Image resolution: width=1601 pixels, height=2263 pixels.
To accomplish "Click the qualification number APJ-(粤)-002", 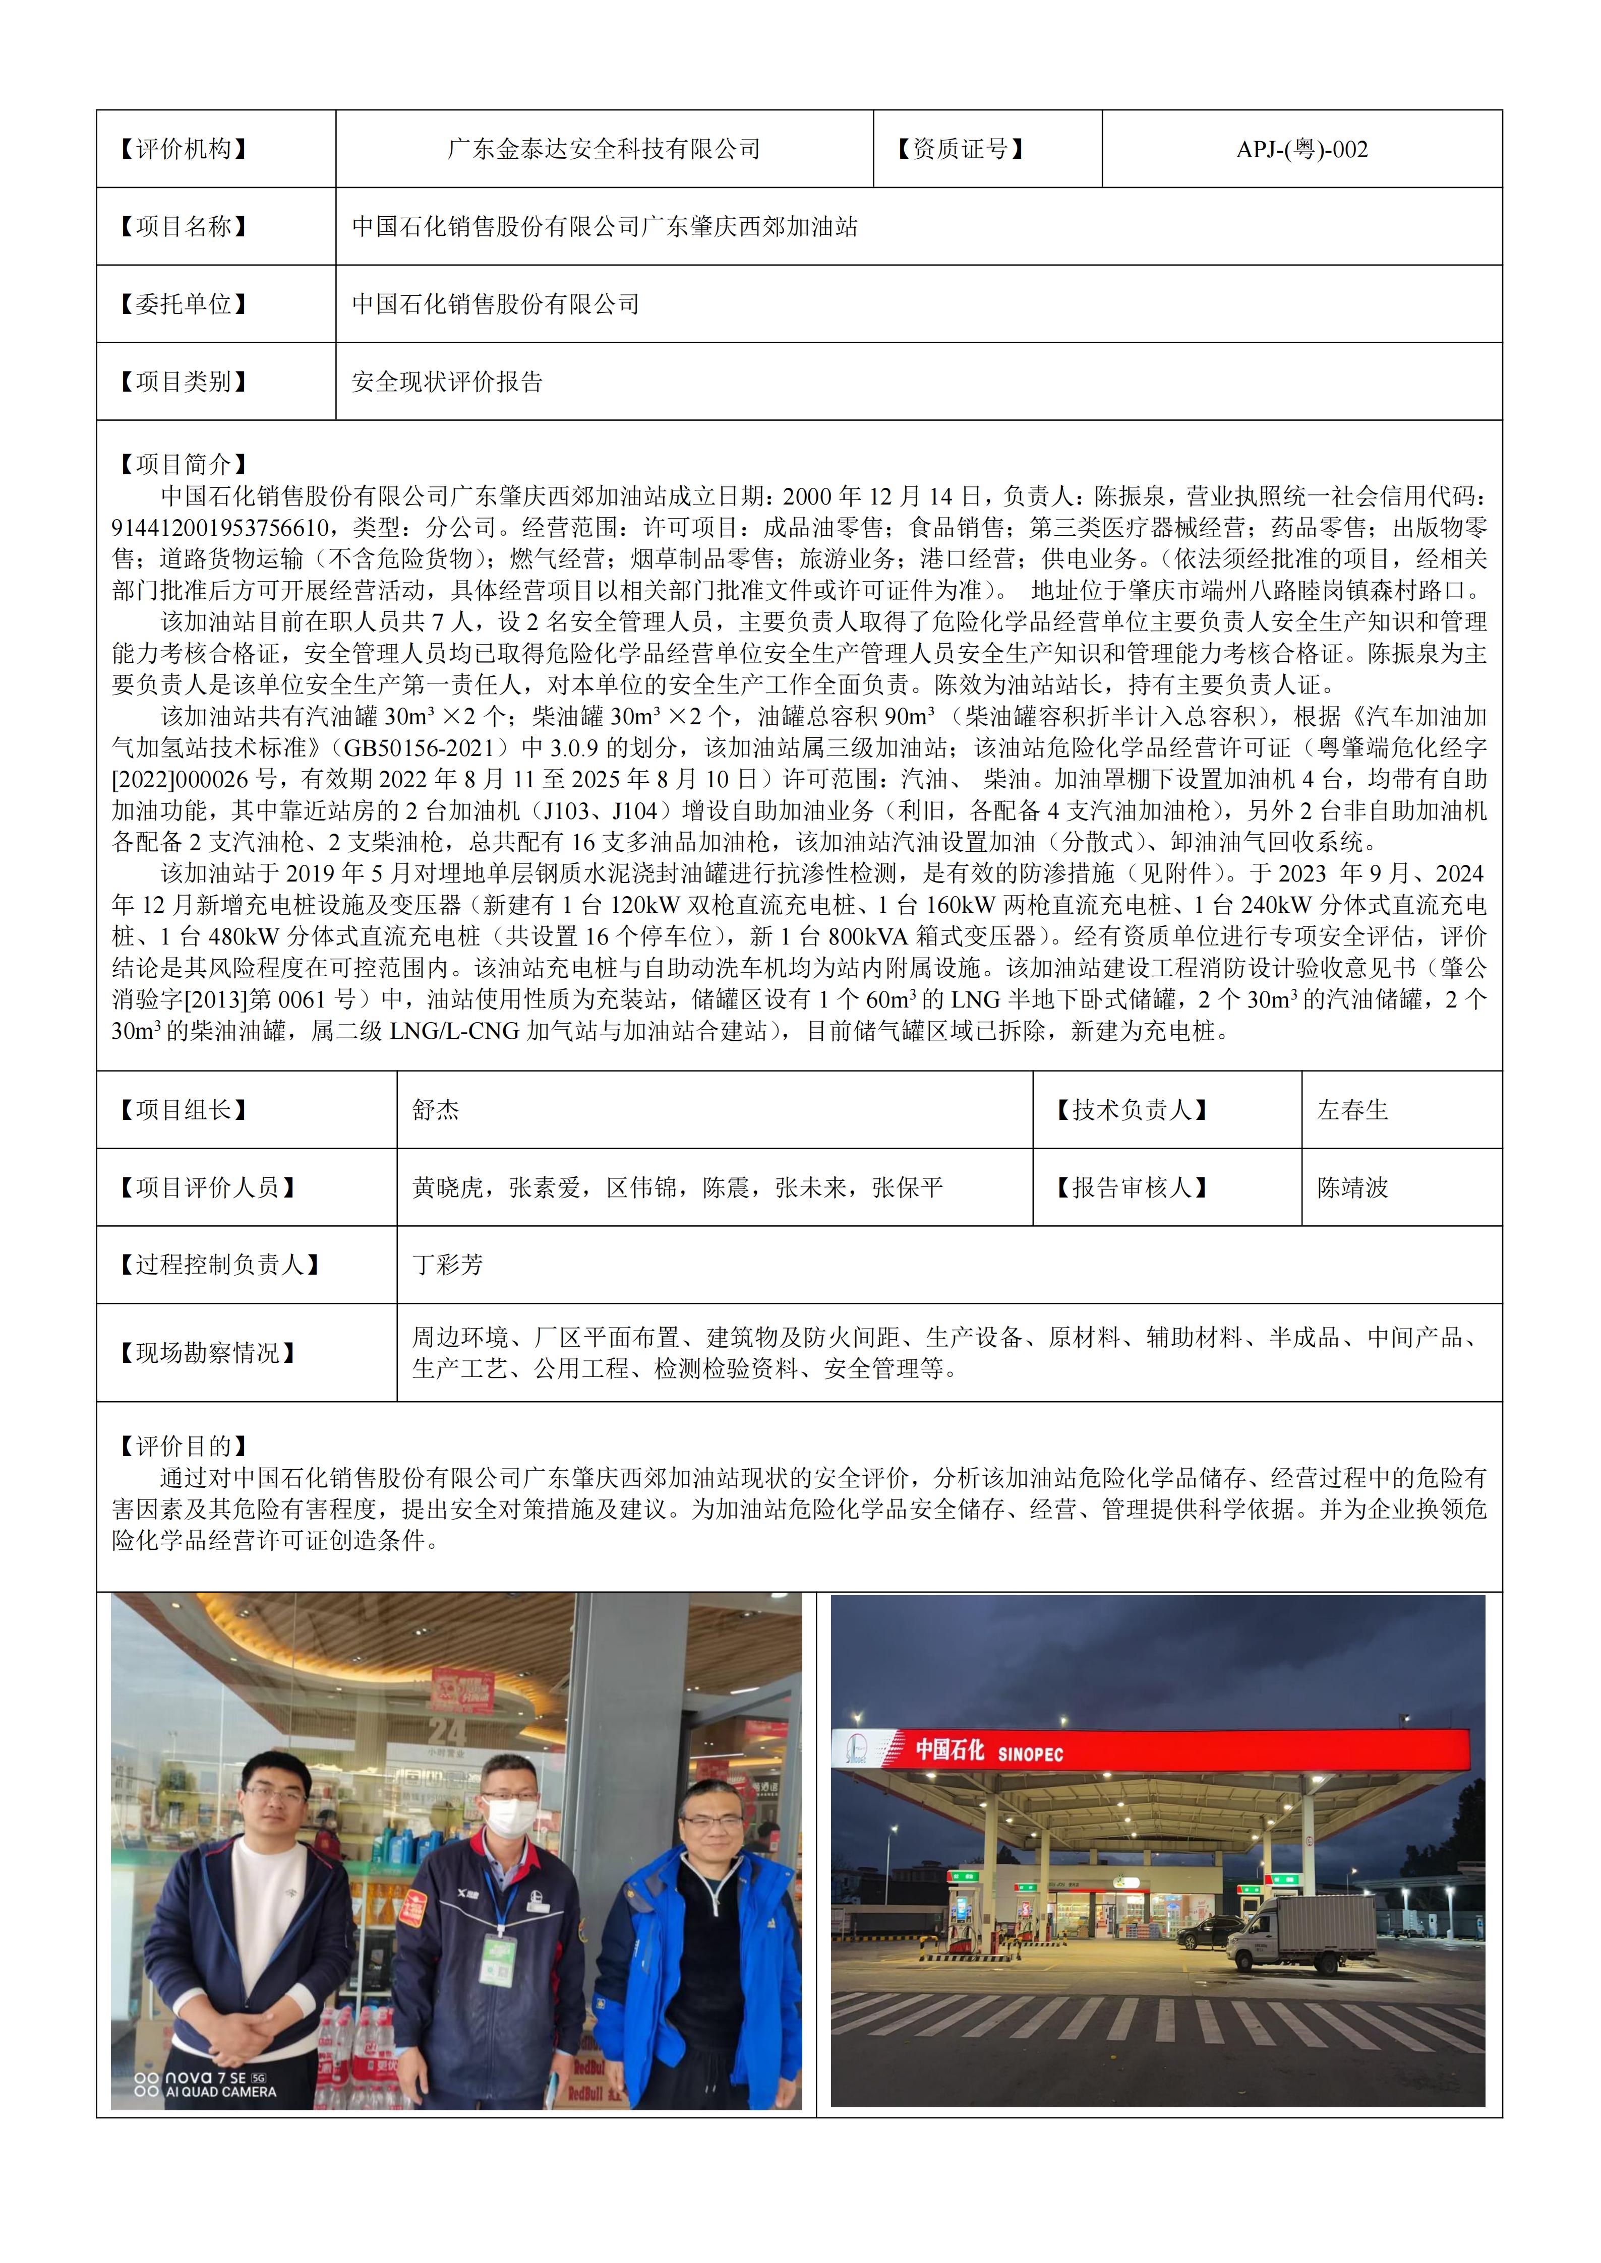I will tap(1301, 150).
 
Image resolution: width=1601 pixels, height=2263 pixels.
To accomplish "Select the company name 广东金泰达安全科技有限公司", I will tap(603, 150).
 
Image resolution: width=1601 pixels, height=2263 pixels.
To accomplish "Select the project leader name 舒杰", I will tap(436, 1110).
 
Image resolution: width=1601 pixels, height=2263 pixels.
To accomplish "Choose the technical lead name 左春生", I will tap(1352, 1110).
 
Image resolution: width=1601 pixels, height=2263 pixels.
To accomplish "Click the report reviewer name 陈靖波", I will tap(1352, 1187).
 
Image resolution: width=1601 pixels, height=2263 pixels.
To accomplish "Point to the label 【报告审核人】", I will tap(1132, 1187).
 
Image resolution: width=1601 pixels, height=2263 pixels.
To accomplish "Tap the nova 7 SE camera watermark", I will tap(207, 2084).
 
